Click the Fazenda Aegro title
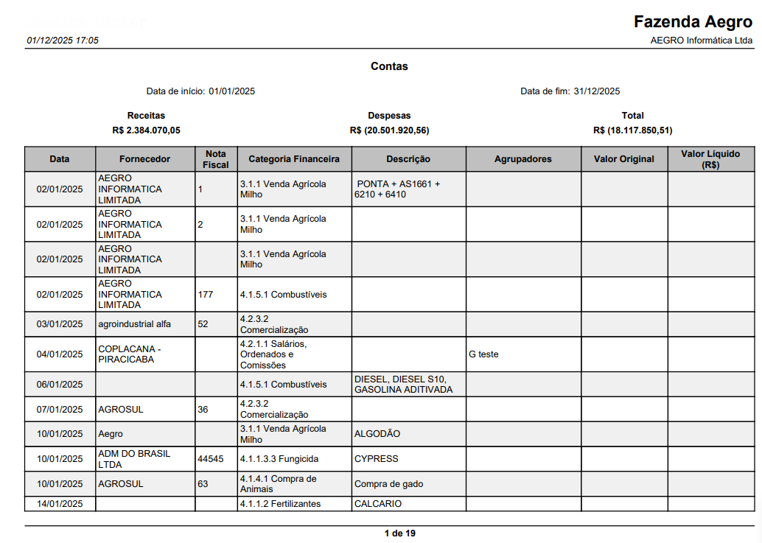(693, 21)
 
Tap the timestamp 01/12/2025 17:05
(63, 41)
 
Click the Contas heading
(389, 66)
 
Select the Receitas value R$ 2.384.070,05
(146, 130)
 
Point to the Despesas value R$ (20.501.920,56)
(389, 130)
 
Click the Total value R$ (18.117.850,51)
(632, 130)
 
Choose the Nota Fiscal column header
(216, 159)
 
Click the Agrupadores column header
(522, 159)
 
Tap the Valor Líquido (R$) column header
(710, 159)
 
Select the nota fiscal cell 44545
(211, 459)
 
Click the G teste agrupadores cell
(483, 354)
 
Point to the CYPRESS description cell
(376, 459)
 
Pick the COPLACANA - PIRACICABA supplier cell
(129, 354)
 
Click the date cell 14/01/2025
(60, 504)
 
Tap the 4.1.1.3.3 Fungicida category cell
(279, 459)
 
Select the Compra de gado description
(388, 484)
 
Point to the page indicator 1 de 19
(399, 533)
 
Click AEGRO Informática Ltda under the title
(702, 41)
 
